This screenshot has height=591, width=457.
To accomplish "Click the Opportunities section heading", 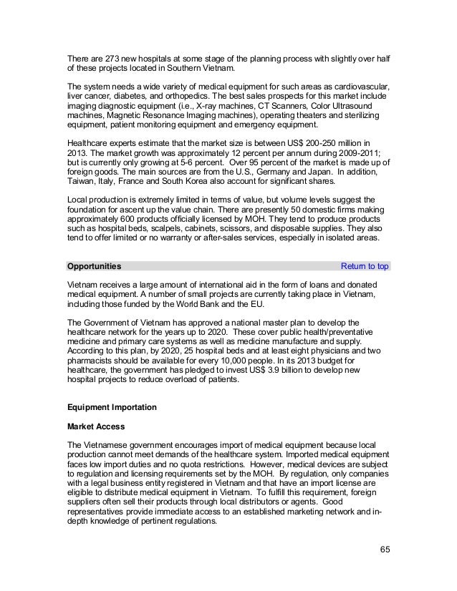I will coord(94,266).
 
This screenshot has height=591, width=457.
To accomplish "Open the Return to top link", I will coord(365,266).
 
